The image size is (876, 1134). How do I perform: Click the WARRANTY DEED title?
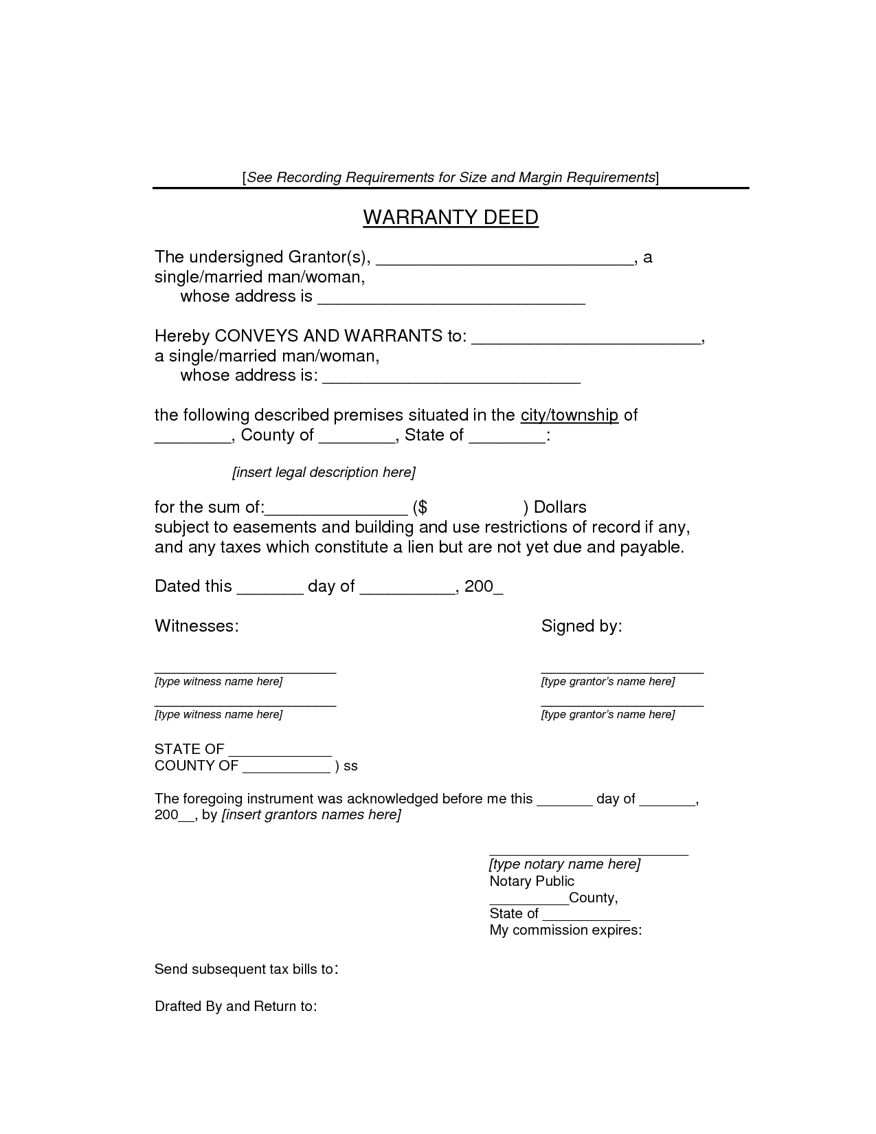450,218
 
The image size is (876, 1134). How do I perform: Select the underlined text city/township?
570,415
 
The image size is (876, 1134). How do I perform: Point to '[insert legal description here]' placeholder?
324,473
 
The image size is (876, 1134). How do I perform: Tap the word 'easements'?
274,528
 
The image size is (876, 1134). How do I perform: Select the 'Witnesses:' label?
196,626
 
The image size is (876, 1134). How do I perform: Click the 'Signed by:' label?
581,626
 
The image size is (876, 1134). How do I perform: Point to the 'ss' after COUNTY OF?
350,766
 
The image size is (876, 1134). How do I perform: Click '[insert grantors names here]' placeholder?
311,815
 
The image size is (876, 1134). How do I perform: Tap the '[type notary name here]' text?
564,865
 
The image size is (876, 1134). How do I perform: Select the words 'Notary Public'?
531,881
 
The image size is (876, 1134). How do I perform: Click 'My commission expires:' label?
565,931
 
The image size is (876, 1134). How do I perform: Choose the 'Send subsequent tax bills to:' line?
246,970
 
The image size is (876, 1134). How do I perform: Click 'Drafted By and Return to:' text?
236,1007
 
